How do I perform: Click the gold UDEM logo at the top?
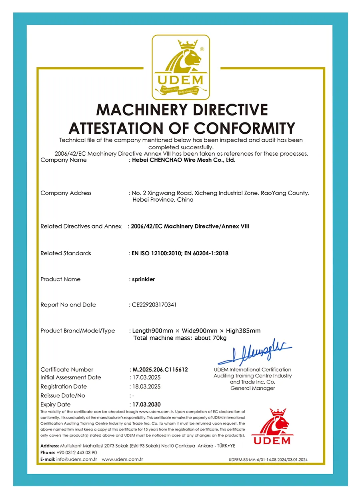tap(180, 67)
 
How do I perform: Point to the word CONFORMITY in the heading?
tap(244, 128)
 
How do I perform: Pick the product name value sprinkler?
tap(143, 279)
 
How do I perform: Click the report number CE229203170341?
tap(154, 305)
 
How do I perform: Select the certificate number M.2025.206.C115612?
tap(160, 370)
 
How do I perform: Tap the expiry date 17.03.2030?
tap(146, 405)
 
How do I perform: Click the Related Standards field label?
tap(66, 253)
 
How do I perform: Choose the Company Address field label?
tap(66, 193)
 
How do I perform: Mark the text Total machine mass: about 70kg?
tap(180, 338)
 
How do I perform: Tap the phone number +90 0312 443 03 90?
tap(77, 453)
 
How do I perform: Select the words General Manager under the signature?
tap(253, 388)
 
